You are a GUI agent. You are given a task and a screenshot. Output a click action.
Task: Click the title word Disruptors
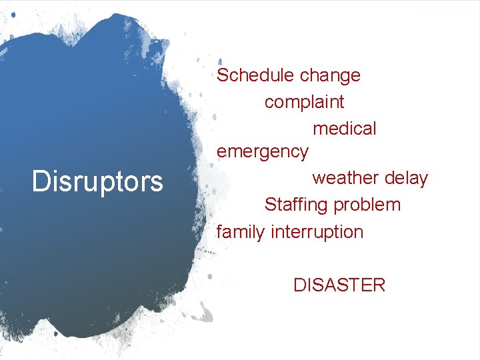click(x=97, y=181)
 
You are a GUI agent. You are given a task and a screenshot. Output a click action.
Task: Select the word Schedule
click(x=256, y=75)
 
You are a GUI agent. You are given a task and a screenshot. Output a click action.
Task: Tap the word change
click(x=330, y=75)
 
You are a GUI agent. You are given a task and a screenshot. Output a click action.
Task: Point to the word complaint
click(x=304, y=103)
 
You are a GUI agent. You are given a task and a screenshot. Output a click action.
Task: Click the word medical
click(x=344, y=128)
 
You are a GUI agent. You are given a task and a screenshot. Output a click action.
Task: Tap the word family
click(x=241, y=232)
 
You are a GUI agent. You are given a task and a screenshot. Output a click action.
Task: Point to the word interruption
click(x=317, y=232)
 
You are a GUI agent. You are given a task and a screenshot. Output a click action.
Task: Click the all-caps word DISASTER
click(x=339, y=285)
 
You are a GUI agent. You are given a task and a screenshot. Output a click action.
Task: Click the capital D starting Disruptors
click(x=39, y=181)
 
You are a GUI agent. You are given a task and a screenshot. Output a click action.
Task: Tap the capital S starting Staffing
click(x=271, y=205)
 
